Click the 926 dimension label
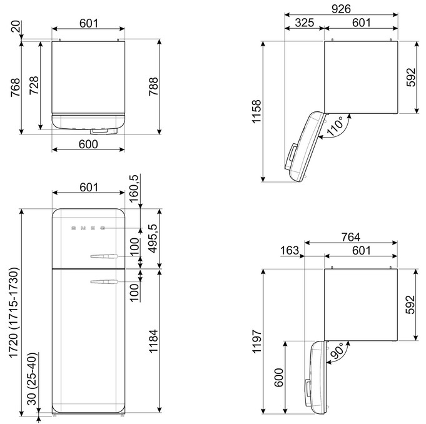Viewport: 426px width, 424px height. pos(341,9)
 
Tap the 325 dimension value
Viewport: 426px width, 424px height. pos(305,23)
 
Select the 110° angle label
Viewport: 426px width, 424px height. pos(335,126)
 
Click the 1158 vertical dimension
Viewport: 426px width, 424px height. pos(256,112)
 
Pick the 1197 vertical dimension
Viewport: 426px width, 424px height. pos(256,341)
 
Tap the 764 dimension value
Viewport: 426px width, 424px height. pos(351,237)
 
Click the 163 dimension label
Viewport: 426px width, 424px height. pos(290,250)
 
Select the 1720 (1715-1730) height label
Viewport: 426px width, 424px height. pos(14,313)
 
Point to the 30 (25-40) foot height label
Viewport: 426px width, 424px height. pos(33,379)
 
